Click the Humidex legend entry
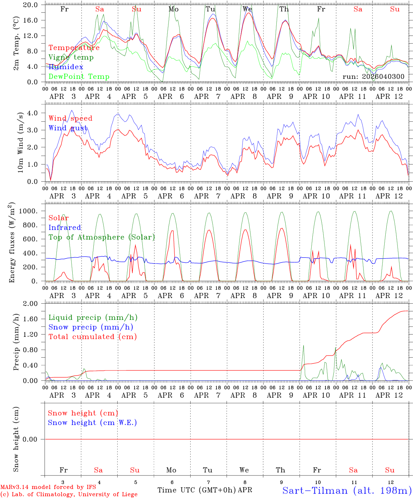coord(66,67)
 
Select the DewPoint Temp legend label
coord(79,77)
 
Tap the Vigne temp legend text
coord(71,57)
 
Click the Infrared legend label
coord(65,228)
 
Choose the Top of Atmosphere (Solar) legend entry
coord(102,237)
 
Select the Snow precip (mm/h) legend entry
coord(91,327)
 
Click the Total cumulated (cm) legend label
coord(92,337)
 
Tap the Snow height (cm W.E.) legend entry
coord(92,423)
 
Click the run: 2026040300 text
coord(373,77)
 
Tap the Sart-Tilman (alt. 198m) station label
coord(347,490)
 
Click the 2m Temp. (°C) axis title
coord(16,43)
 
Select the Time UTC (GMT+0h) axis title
coord(196,490)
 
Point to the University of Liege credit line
coord(69,494)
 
